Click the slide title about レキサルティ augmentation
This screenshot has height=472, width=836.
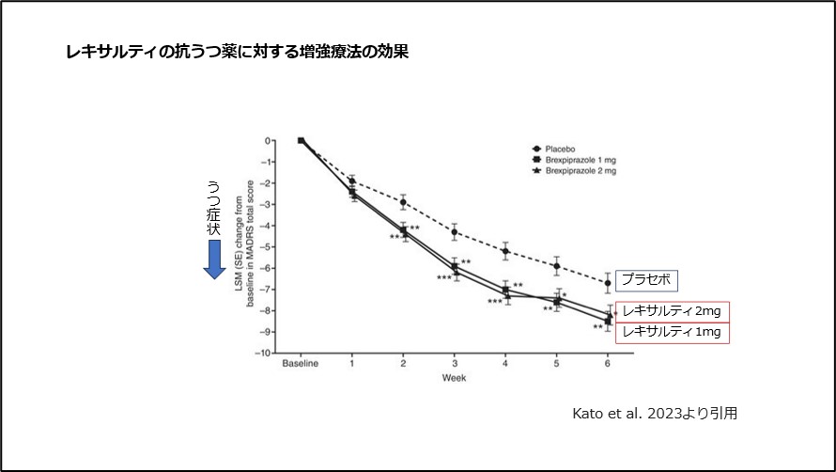point(236,53)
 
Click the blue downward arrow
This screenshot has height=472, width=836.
point(215,259)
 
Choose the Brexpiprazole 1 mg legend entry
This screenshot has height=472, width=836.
point(575,160)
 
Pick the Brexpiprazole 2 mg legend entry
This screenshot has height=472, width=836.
point(575,171)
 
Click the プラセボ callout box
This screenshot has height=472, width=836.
point(647,279)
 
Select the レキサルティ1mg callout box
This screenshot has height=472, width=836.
point(672,331)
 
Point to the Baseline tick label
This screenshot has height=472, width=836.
point(301,364)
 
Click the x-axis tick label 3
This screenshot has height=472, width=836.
point(455,364)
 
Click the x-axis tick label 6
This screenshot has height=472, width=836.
point(608,364)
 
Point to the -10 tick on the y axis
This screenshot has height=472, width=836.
point(266,354)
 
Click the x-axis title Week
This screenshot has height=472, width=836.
point(454,378)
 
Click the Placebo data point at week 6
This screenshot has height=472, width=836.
point(608,283)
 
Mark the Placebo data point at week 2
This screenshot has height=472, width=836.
point(403,202)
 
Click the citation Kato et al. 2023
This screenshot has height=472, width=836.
point(654,413)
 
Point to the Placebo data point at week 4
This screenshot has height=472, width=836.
point(505,251)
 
